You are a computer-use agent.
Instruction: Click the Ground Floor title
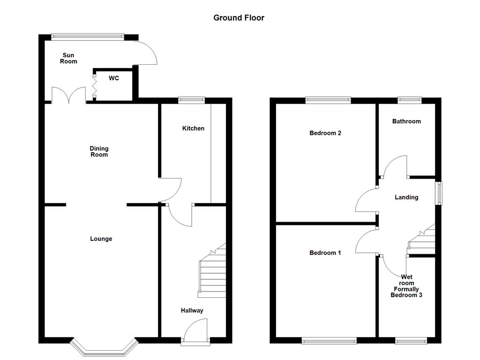239,18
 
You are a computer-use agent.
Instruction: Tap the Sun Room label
68,58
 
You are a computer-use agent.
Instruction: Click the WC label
113,78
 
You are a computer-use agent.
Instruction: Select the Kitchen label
193,128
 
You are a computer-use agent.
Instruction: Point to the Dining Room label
99,151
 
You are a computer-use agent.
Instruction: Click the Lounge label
101,239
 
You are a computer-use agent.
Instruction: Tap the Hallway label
192,310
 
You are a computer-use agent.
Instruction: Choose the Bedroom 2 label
325,133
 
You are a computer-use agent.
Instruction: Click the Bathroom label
406,121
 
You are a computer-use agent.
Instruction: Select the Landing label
406,197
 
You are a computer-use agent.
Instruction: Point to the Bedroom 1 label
325,253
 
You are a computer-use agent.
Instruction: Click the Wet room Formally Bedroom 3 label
406,286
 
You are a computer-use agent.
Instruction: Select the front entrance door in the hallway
195,333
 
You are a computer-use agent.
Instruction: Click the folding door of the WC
94,86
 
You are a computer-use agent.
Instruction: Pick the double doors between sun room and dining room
68,95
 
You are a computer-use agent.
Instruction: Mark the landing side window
439,193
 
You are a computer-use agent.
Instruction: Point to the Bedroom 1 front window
329,341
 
